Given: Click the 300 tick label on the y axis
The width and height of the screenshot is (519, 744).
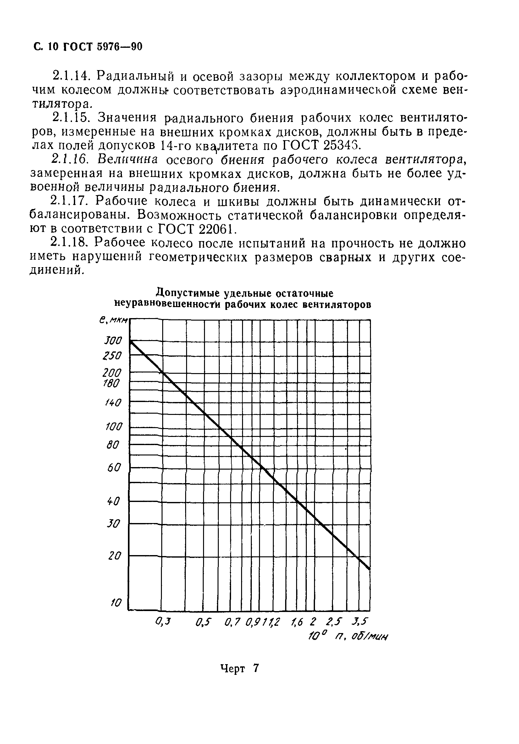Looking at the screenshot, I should (x=113, y=341).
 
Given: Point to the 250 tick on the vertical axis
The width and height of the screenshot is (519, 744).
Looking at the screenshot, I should (x=112, y=356).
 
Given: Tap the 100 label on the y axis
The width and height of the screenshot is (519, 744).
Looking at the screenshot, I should (x=114, y=427).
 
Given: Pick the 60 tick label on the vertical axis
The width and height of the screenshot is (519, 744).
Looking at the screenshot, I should (x=114, y=468).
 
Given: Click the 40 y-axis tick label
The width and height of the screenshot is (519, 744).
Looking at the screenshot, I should (x=113, y=502).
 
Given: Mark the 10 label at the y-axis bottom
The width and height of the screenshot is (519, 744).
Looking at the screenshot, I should (x=116, y=603).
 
